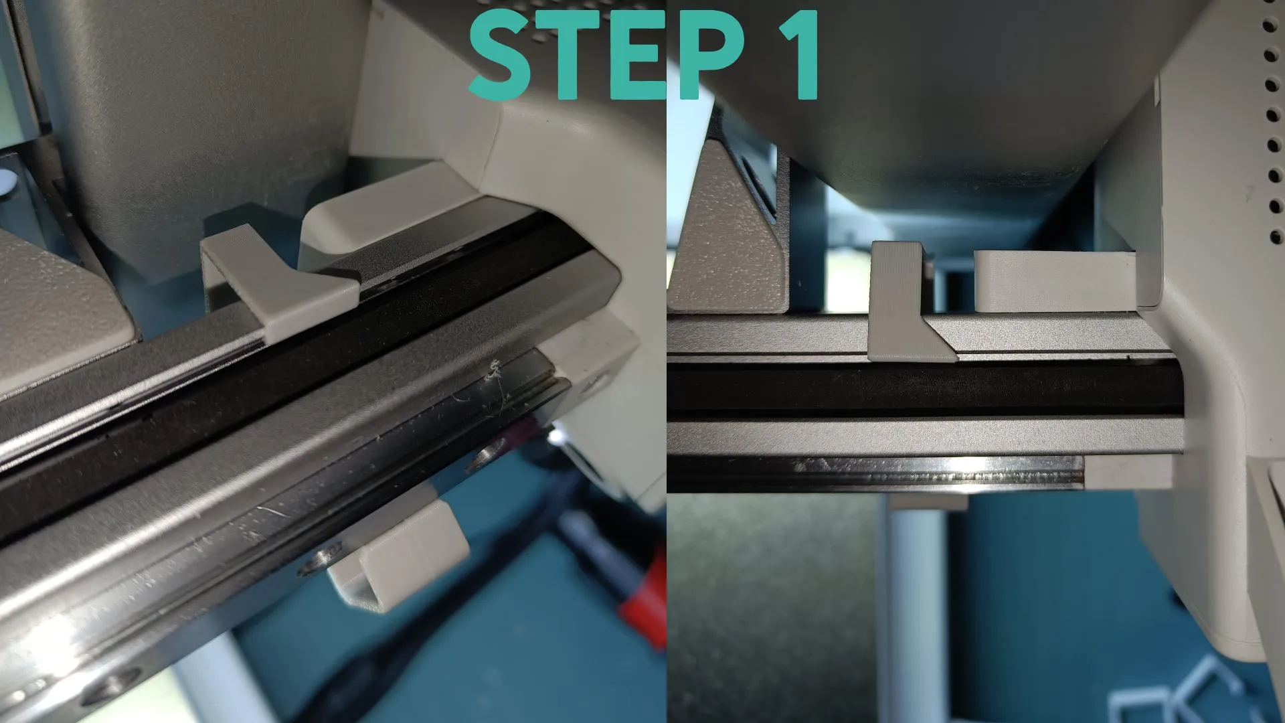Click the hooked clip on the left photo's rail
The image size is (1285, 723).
point(281,281)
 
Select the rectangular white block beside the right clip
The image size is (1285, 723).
point(1054,281)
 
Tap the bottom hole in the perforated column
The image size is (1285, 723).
point(1277,236)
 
